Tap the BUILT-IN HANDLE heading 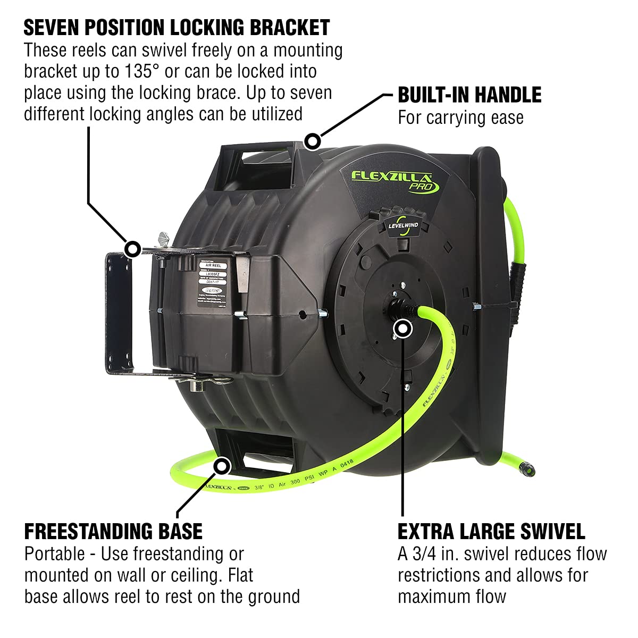coord(469,95)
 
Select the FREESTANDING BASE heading coord(113,531)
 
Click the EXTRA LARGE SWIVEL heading coord(491,531)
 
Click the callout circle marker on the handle coord(312,141)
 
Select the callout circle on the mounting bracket coord(132,248)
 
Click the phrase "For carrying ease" coord(460,117)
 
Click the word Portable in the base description coord(54,553)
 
